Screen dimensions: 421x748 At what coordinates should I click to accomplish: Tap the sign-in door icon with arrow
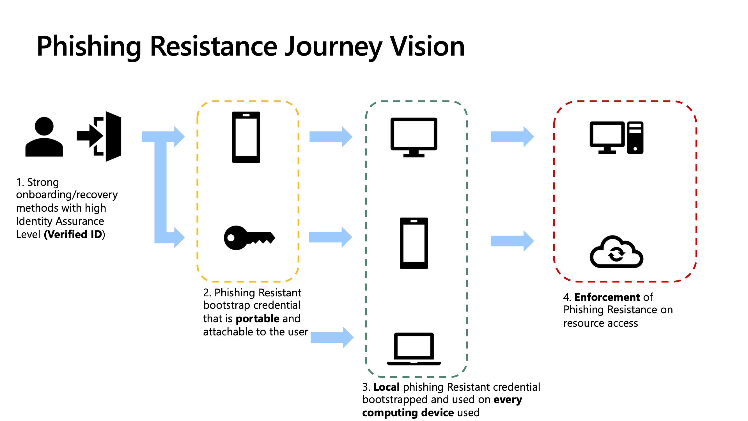coord(100,137)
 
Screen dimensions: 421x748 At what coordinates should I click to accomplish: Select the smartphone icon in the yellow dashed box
coord(246,137)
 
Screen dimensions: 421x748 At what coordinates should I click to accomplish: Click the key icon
coord(249,238)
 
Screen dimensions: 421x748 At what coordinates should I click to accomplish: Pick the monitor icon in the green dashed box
coord(414,137)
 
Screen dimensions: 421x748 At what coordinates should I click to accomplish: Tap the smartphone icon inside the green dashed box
coord(414,243)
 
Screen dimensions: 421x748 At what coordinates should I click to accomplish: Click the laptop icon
coord(414,349)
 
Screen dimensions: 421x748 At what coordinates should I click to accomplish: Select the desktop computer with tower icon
coord(616,138)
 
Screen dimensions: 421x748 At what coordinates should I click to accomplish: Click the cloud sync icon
coord(616,252)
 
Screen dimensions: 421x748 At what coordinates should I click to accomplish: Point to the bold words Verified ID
coord(74,234)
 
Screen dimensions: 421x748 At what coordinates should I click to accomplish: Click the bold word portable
coord(257,319)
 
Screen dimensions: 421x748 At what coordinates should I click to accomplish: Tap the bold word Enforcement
coord(607,297)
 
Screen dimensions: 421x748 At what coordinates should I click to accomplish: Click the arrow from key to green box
coord(331,237)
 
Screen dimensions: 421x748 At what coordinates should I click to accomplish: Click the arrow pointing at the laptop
coord(332,337)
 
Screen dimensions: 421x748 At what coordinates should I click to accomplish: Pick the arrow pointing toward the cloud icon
coord(512,241)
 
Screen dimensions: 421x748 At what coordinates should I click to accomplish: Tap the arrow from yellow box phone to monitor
coord(331,137)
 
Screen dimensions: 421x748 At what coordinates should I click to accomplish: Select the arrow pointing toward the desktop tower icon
coord(512,137)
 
